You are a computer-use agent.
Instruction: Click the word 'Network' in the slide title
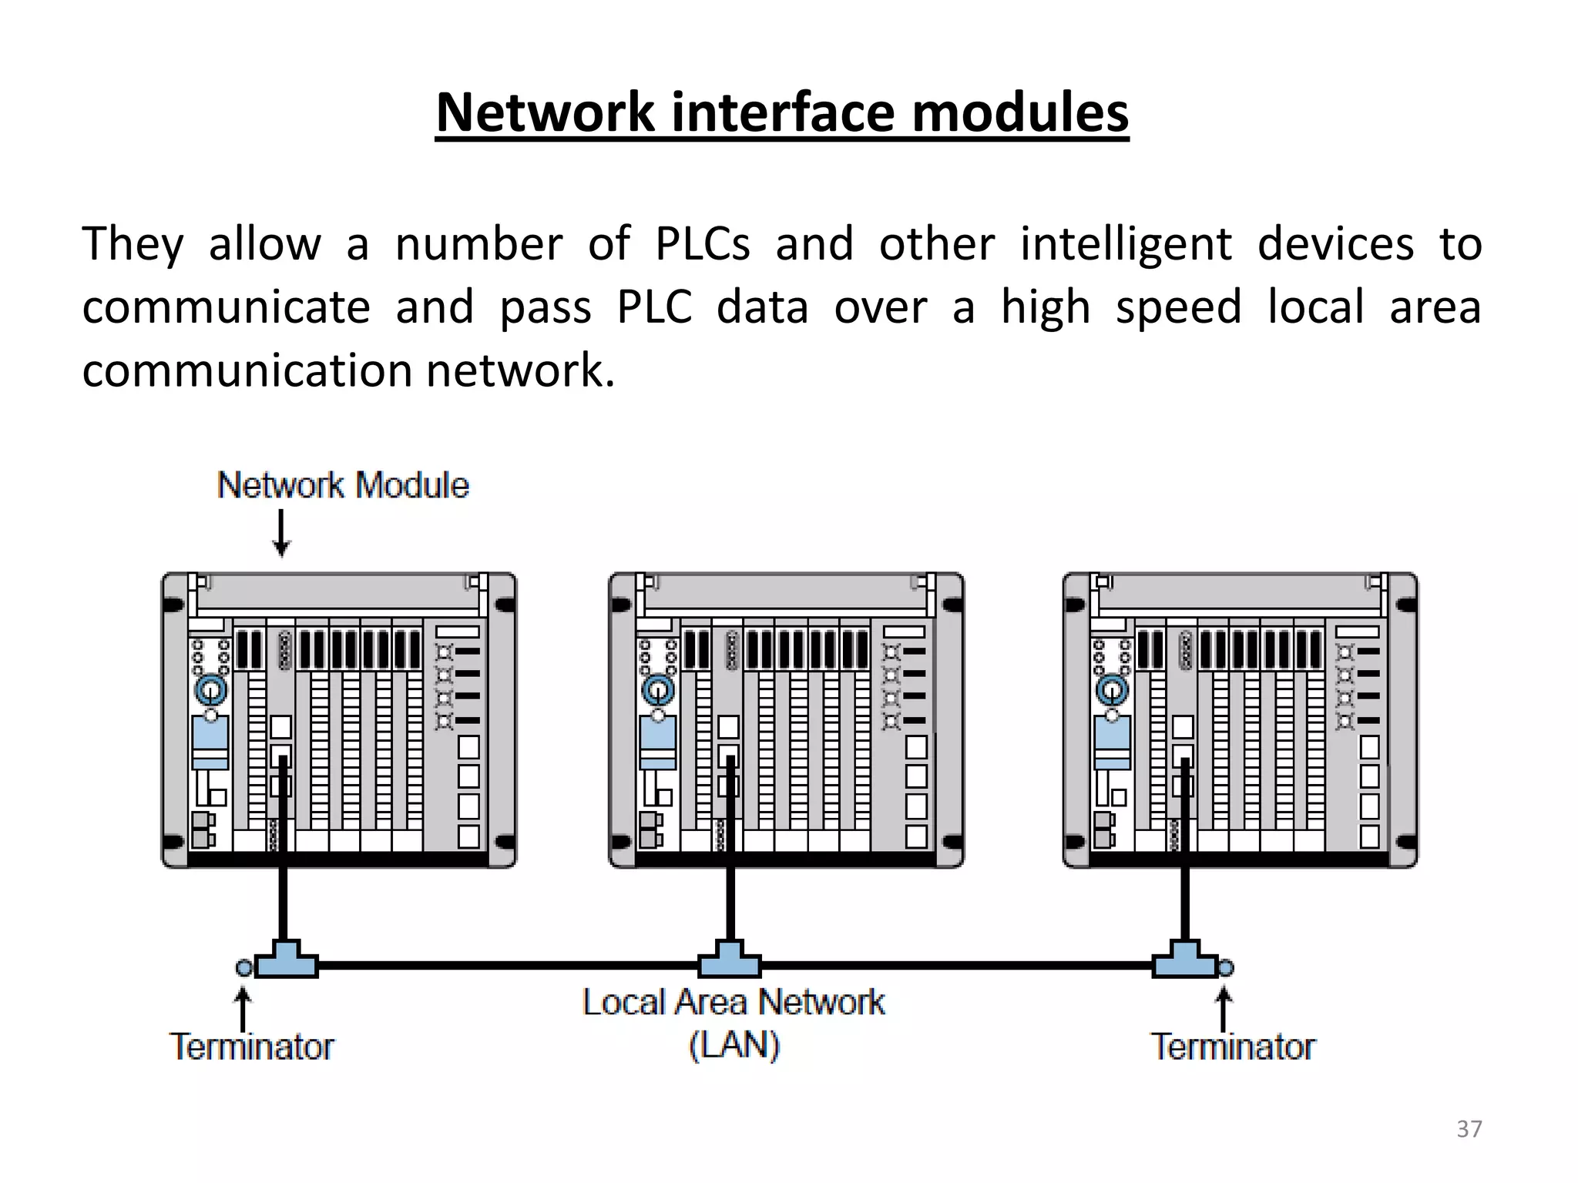point(544,113)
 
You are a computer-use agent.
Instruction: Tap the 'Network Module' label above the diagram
point(343,486)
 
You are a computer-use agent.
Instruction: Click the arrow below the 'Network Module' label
point(282,532)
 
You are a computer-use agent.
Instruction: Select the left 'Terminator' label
point(251,1047)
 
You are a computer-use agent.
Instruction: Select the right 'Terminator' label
point(1233,1047)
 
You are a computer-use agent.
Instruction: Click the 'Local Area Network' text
point(734,1003)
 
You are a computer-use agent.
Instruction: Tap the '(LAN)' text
point(734,1045)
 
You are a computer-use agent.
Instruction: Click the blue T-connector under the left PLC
point(286,960)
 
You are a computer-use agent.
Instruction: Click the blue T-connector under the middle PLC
point(729,960)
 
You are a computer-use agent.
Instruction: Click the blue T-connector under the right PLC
point(1184,960)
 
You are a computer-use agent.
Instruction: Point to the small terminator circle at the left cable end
point(244,968)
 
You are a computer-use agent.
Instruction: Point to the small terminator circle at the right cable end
point(1226,968)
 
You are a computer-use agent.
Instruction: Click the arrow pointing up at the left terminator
point(243,1008)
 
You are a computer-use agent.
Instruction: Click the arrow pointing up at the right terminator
point(1224,1008)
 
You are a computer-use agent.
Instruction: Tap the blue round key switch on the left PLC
point(210,688)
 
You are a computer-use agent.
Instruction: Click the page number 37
point(1469,1129)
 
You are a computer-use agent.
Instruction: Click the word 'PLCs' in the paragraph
point(702,244)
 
